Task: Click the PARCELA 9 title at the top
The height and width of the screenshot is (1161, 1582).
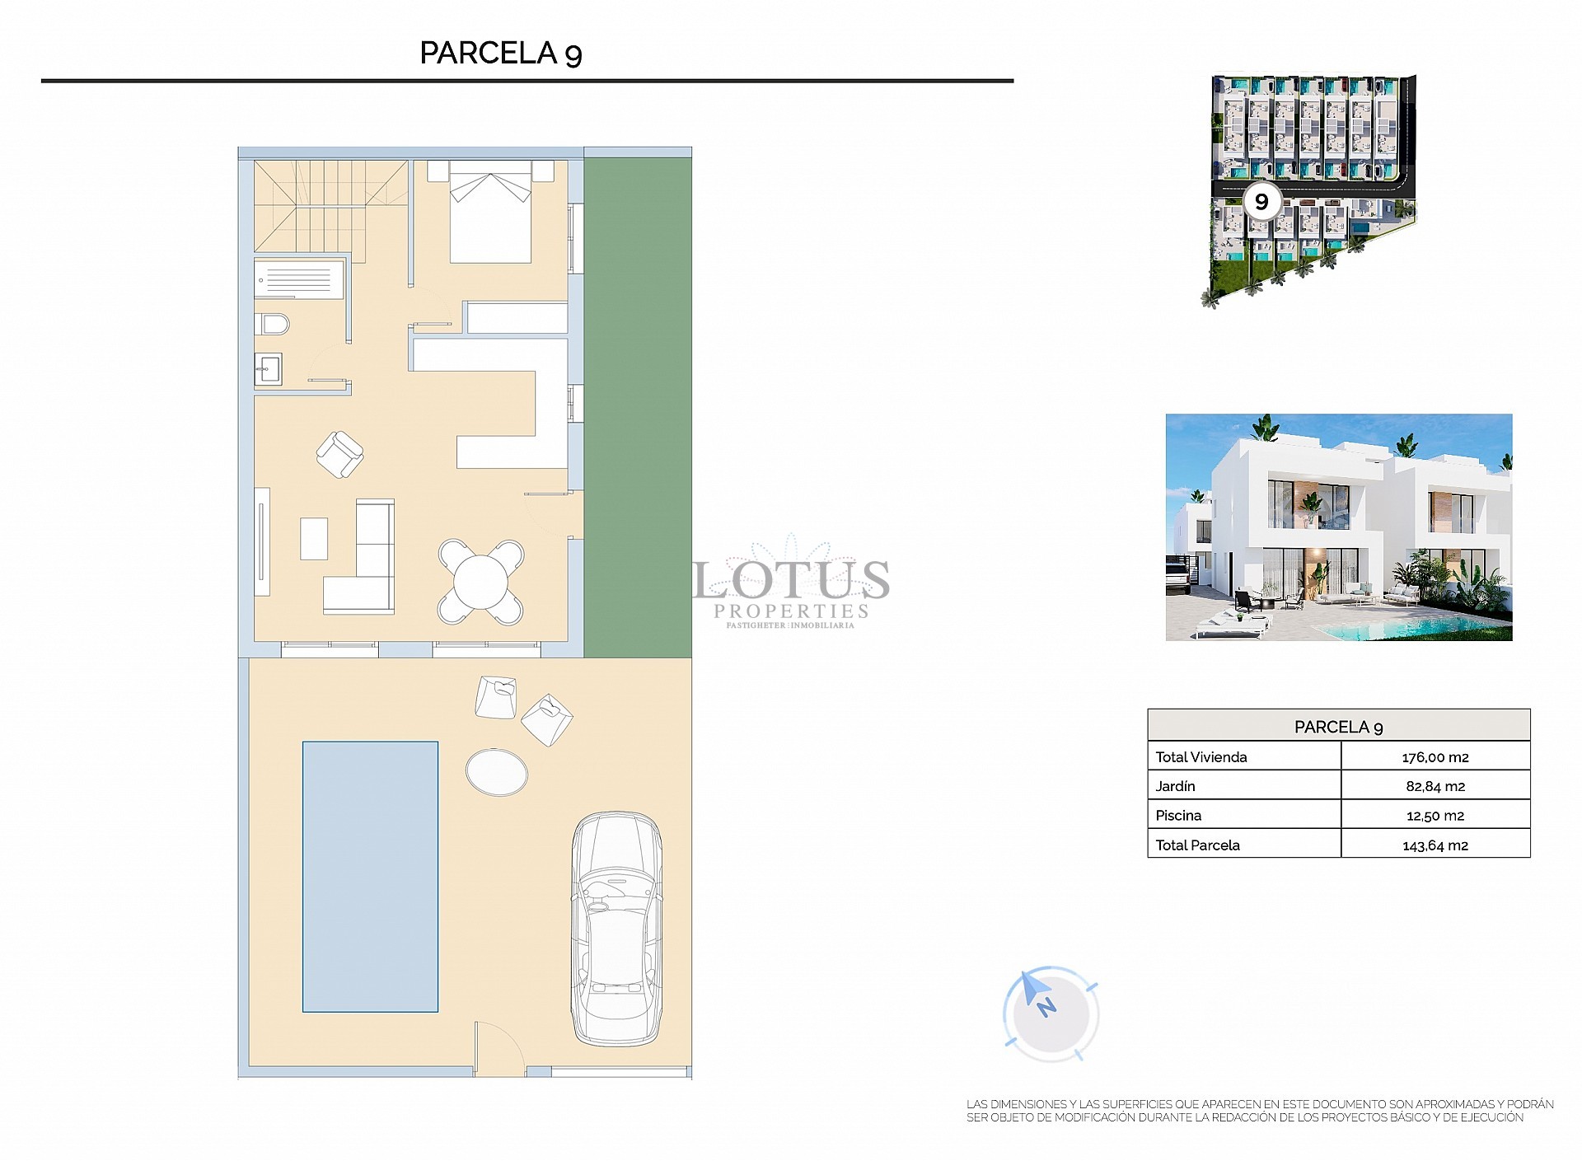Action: [501, 53]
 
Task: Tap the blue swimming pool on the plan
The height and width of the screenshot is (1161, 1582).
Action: [370, 876]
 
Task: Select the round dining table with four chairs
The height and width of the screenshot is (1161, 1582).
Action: [481, 581]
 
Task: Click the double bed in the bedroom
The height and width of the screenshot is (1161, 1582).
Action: [490, 213]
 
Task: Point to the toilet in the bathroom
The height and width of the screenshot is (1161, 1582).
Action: [273, 325]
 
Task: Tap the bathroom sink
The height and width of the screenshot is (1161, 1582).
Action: [268, 369]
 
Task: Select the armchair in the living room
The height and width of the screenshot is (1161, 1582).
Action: [339, 454]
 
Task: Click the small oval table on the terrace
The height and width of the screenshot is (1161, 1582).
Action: [497, 771]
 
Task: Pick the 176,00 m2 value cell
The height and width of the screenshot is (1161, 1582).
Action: [1435, 756]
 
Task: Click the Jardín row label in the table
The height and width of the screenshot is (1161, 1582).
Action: [1176, 786]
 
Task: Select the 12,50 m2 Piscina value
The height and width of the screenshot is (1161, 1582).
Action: [1435, 815]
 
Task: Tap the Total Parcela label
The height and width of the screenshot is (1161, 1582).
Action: [1197, 845]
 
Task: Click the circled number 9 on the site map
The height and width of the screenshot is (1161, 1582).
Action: [1261, 201]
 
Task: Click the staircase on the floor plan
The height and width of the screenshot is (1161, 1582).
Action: [330, 206]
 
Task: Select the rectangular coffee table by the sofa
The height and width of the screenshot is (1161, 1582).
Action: [314, 538]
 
